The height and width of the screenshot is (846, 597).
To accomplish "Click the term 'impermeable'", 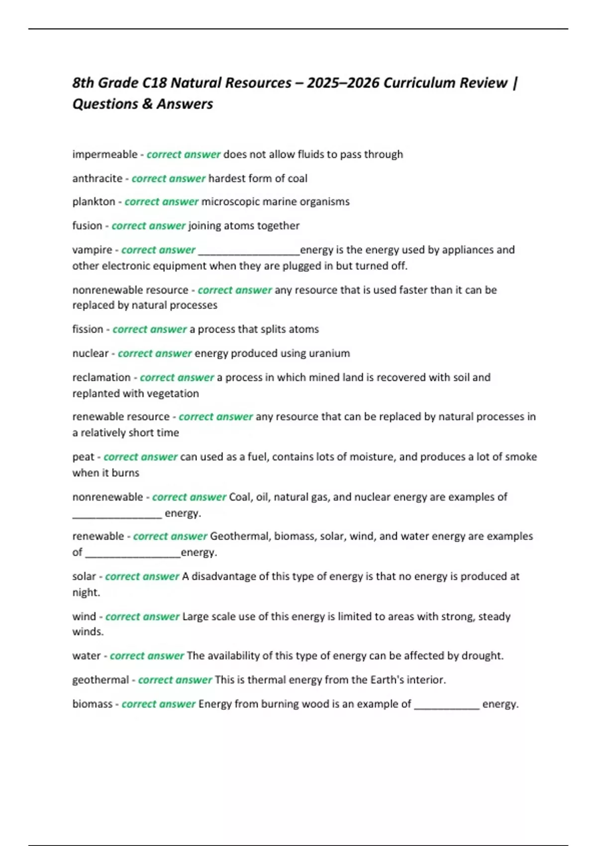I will (104, 154).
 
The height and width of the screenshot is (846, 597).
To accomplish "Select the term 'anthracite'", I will (97, 178).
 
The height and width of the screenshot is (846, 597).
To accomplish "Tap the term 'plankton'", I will (94, 202).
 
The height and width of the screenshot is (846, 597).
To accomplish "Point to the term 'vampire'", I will (92, 250).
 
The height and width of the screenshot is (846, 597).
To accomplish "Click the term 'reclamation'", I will (101, 377).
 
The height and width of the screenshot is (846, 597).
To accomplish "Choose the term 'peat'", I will (83, 457).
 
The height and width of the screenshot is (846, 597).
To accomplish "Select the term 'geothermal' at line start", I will (100, 680).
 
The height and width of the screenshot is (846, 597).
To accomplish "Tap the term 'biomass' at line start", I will (92, 704).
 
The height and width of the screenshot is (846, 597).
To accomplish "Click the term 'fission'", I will (88, 329).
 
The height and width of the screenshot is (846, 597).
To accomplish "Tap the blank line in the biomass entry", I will (446, 706).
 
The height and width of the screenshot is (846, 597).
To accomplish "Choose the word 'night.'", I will (86, 593).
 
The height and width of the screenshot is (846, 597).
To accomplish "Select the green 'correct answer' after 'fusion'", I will (148, 226).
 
